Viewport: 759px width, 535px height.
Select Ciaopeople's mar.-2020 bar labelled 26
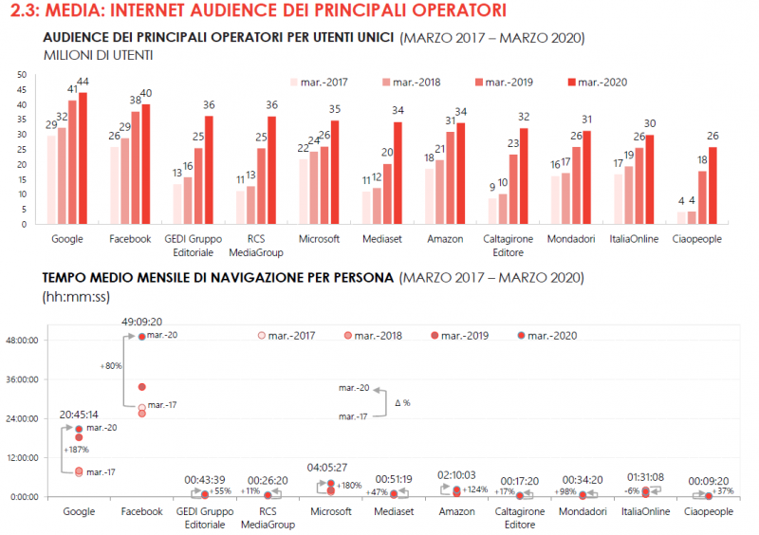[x=713, y=186]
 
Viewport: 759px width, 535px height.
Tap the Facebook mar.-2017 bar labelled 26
[x=115, y=186]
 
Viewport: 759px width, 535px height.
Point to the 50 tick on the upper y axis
[x=20, y=74]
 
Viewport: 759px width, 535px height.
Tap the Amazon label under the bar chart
[x=446, y=239]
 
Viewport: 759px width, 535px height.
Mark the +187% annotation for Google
[x=76, y=449]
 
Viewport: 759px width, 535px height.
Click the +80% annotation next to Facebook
[x=110, y=364]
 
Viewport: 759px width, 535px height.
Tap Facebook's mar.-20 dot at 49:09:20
[x=141, y=337]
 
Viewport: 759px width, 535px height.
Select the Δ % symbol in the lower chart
[x=402, y=402]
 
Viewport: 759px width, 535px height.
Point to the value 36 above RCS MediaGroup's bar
[x=271, y=105]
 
